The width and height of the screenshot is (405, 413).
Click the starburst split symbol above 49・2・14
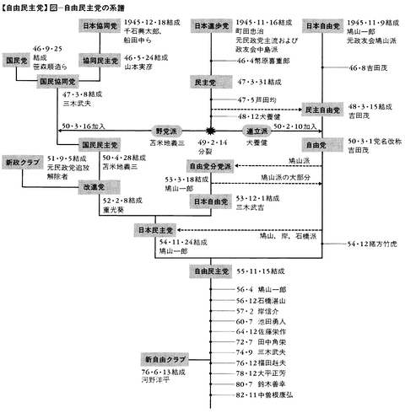click(211, 131)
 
